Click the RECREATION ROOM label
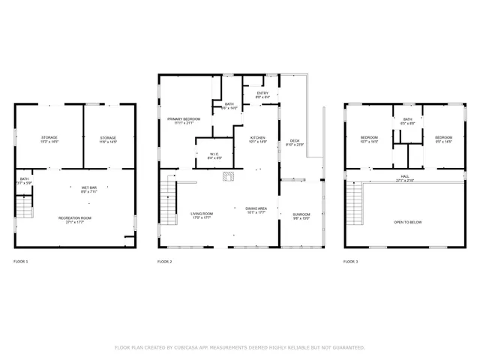74,217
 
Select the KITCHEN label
258,138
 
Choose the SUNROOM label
301,214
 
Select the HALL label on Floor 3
404,176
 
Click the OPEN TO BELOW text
408,223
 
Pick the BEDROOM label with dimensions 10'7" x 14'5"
369,138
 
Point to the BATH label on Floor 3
407,119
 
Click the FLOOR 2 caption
165,262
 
